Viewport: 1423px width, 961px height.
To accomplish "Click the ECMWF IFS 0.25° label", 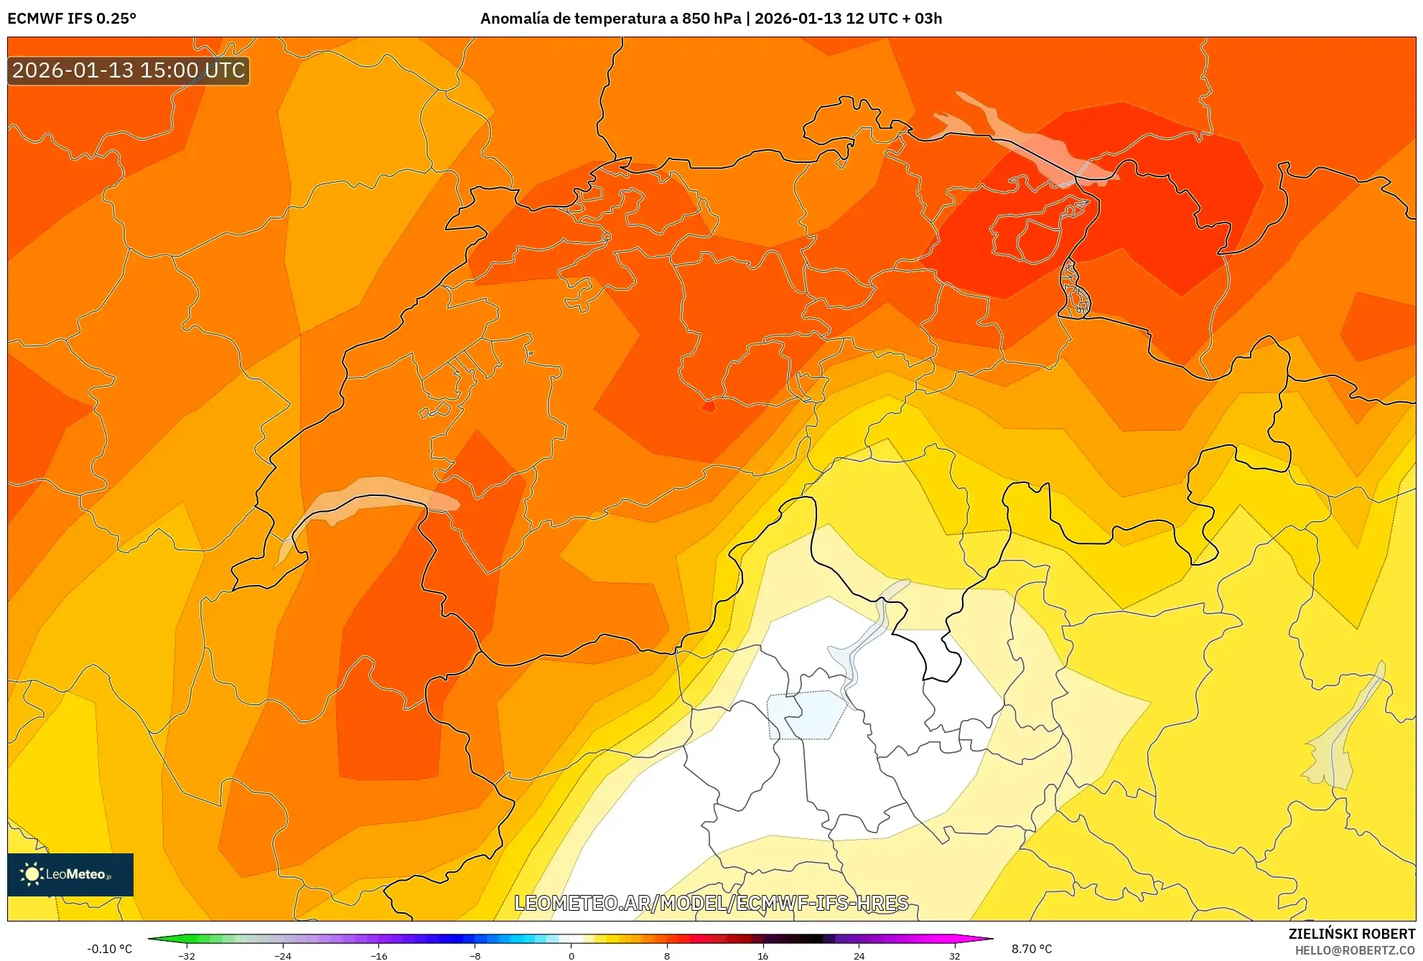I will [72, 19].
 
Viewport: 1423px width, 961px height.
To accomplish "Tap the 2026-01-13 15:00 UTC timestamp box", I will [129, 70].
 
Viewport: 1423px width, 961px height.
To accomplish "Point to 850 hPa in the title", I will [711, 19].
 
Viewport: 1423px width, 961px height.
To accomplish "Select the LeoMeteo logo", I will [70, 874].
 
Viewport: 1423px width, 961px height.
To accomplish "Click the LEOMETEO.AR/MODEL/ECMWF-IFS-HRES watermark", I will [711, 903].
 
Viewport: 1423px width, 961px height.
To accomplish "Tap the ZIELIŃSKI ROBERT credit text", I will [1351, 934].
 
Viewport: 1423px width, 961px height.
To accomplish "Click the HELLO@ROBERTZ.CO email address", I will [1355, 950].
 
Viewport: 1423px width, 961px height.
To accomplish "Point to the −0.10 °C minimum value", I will [110, 949].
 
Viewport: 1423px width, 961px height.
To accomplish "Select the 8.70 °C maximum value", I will [1032, 949].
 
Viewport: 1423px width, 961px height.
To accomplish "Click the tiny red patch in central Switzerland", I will [709, 407].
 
